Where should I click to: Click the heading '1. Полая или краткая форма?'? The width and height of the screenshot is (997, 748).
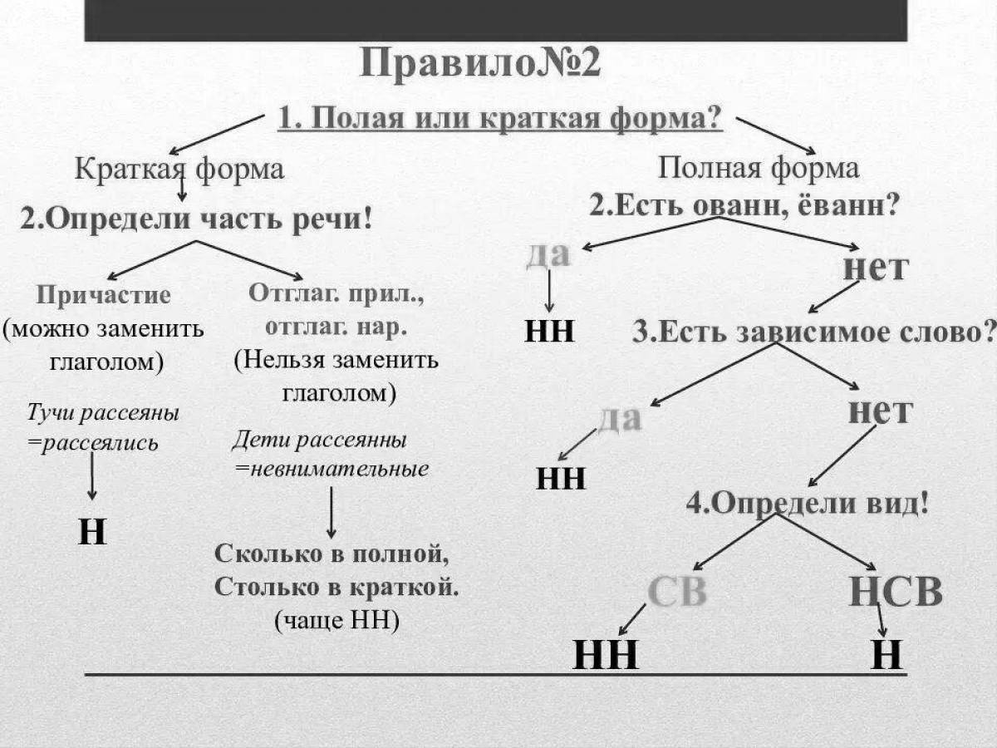tap(499, 119)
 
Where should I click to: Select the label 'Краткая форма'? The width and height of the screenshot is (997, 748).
tap(179, 170)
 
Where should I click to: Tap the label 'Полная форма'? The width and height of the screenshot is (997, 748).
tap(759, 169)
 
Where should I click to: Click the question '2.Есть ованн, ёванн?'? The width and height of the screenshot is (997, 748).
tap(744, 204)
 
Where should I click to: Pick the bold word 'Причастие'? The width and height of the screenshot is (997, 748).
tap(104, 295)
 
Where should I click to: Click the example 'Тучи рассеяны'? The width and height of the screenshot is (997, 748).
tap(103, 413)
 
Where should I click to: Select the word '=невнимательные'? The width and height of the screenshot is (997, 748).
tap(332, 469)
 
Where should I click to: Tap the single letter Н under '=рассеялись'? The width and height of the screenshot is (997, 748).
tap(92, 532)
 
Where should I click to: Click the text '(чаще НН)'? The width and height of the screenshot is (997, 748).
tap(336, 621)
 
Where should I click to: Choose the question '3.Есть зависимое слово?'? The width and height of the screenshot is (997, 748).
tap(813, 332)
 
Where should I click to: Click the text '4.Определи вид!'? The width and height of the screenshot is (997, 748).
tap(807, 503)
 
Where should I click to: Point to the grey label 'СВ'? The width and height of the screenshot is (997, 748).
tap(676, 593)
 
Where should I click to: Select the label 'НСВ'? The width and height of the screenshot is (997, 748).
tap(896, 593)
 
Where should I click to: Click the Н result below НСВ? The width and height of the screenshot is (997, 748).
tap(886, 657)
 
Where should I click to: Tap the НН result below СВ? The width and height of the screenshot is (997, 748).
tap(606, 657)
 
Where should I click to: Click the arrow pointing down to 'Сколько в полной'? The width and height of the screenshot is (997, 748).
tap(332, 512)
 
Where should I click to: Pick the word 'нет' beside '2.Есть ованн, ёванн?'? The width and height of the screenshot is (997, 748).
tap(875, 268)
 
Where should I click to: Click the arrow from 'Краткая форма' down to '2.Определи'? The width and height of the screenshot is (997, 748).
tap(181, 188)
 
